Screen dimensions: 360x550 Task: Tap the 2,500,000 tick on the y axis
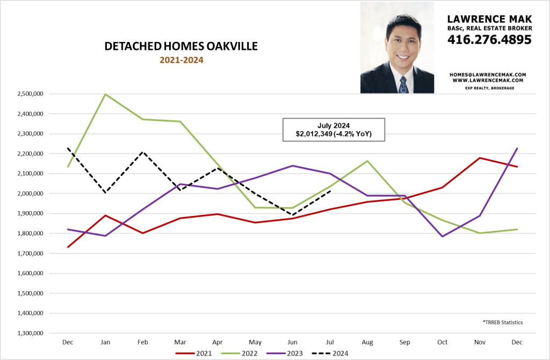click(31, 94)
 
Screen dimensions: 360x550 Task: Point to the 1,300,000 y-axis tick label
click(31, 333)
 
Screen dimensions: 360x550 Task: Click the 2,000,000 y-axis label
click(31, 193)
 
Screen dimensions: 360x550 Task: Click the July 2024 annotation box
click(334, 129)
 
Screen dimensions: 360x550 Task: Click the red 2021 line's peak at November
click(479, 158)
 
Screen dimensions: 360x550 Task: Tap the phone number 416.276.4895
click(489, 39)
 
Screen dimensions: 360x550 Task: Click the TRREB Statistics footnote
click(503, 322)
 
